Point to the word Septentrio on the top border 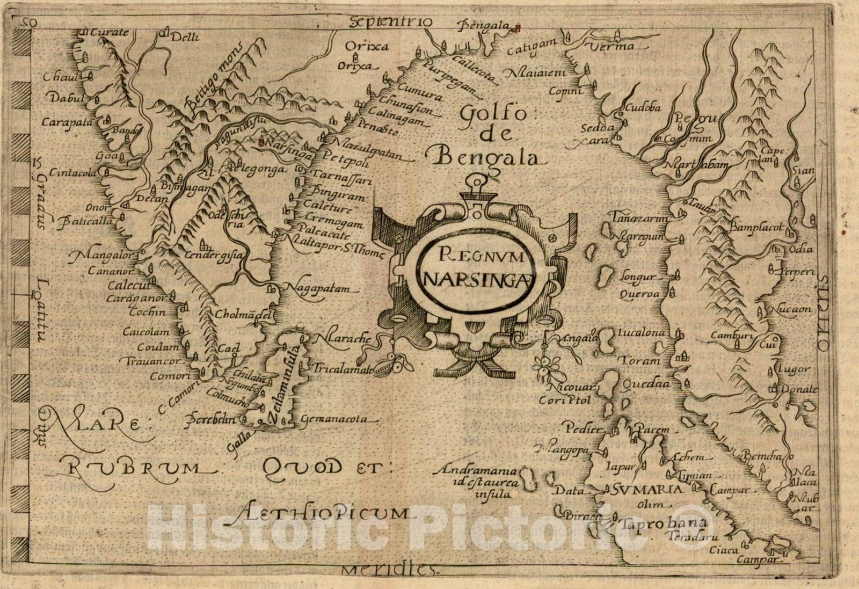coord(390,21)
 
